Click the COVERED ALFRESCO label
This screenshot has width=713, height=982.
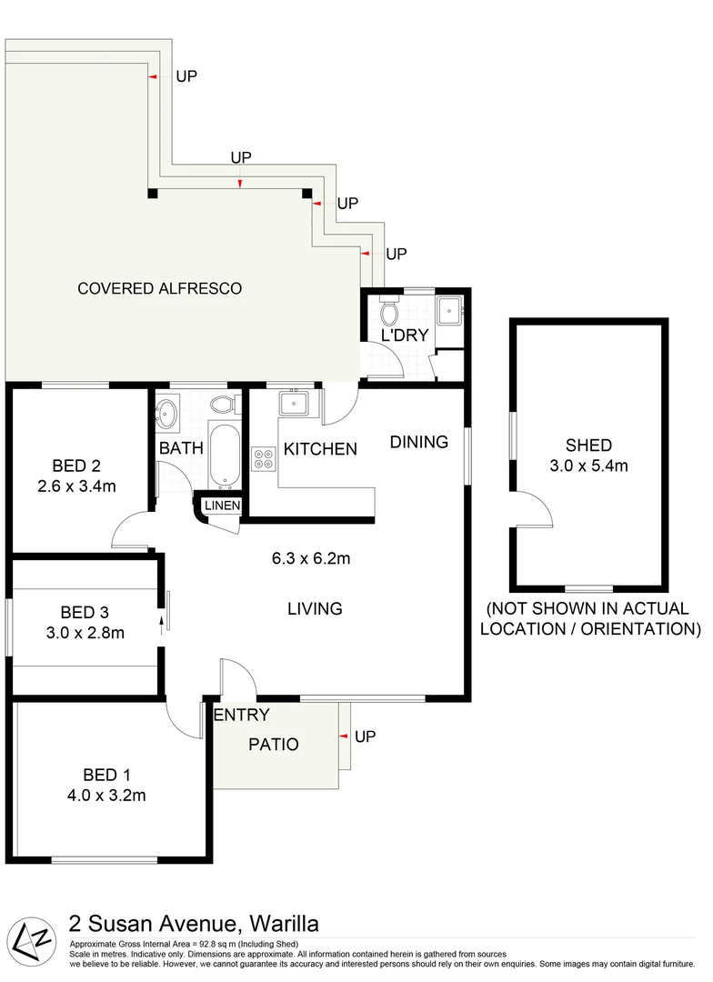pyautogui.click(x=159, y=289)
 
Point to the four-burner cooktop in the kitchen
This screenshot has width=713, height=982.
pyautogui.click(x=264, y=459)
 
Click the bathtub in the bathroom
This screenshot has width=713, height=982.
pyautogui.click(x=224, y=452)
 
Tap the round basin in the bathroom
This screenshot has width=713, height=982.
pyautogui.click(x=166, y=414)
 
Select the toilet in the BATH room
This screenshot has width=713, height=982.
pyautogui.click(x=222, y=404)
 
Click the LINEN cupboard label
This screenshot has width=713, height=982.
pyautogui.click(x=222, y=506)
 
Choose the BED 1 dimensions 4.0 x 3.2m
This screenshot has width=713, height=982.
pyautogui.click(x=107, y=796)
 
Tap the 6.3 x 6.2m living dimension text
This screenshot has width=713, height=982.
pyautogui.click(x=311, y=558)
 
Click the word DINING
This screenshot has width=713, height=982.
pyautogui.click(x=419, y=443)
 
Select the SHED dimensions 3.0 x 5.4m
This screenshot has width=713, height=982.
pyautogui.click(x=588, y=466)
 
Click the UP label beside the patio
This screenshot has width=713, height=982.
pyautogui.click(x=365, y=736)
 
